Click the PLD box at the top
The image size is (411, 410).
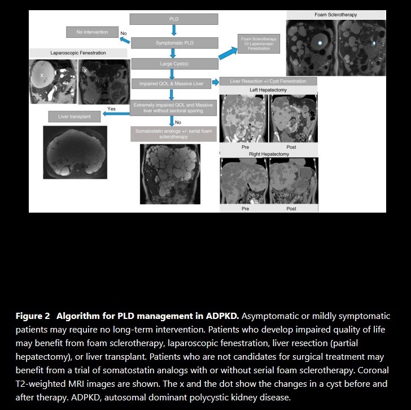click(174, 19)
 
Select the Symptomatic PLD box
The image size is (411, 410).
click(174, 43)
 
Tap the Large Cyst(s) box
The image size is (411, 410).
click(174, 64)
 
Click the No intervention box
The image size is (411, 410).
click(91, 32)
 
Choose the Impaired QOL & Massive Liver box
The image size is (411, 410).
click(170, 84)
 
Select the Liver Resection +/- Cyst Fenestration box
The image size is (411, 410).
click(268, 81)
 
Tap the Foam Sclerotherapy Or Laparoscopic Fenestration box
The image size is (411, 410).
click(259, 44)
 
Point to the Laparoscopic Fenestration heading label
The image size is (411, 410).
click(78, 53)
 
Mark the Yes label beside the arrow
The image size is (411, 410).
click(111, 109)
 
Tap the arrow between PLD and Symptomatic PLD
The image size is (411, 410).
click(174, 31)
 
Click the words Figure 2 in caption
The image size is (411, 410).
click(34, 316)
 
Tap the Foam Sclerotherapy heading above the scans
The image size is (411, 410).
click(335, 14)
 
